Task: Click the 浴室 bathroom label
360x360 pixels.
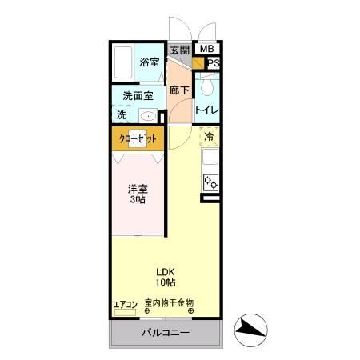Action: pyautogui.click(x=149, y=62)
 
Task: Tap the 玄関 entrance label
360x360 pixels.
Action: pyautogui.click(x=179, y=50)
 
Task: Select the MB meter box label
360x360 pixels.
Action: pyautogui.click(x=206, y=50)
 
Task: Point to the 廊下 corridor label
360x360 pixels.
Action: pyautogui.click(x=179, y=90)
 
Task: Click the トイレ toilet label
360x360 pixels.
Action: pyautogui.click(x=207, y=109)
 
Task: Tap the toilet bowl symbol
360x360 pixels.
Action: pyautogui.click(x=207, y=86)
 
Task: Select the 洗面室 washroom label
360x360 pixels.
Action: pyautogui.click(x=138, y=96)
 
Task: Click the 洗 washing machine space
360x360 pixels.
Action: pyautogui.click(x=122, y=114)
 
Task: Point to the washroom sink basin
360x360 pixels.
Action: pyautogui.click(x=147, y=115)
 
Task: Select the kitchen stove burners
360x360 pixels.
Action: pyautogui.click(x=211, y=182)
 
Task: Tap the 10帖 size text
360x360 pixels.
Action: pyautogui.click(x=166, y=282)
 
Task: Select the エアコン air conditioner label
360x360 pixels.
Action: pyautogui.click(x=126, y=304)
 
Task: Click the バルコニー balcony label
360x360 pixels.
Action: pyautogui.click(x=166, y=332)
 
